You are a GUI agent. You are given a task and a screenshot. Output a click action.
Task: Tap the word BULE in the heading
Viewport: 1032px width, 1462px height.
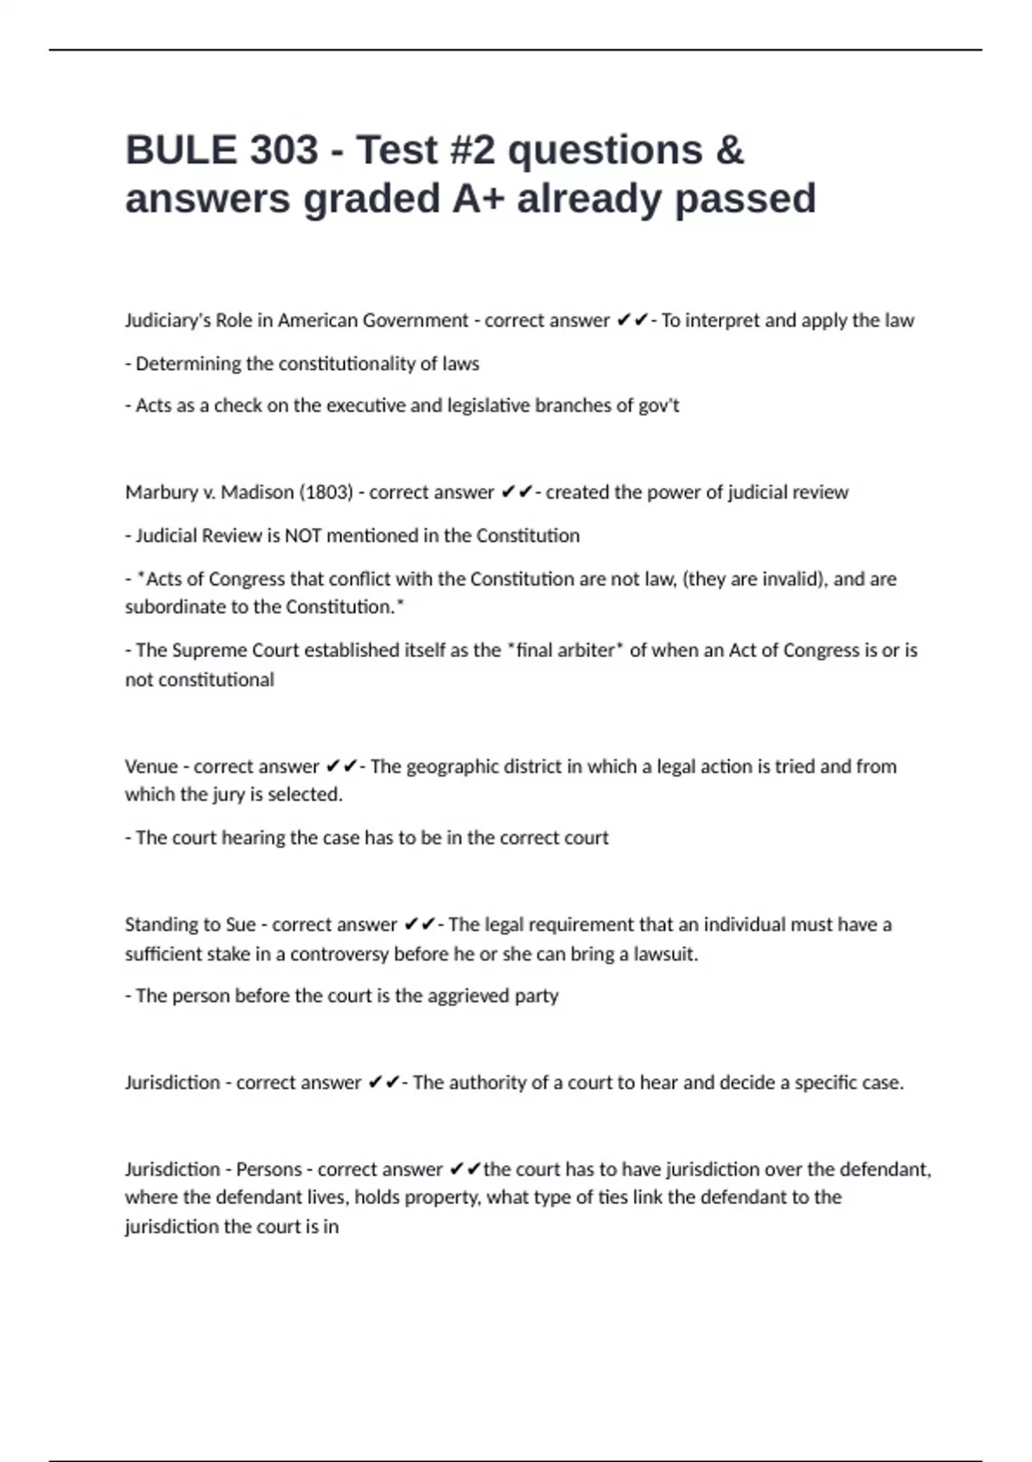coord(180,150)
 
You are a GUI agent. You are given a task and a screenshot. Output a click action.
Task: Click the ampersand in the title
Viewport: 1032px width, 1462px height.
coord(728,150)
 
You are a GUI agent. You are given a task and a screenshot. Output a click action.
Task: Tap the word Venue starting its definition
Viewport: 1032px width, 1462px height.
coord(150,766)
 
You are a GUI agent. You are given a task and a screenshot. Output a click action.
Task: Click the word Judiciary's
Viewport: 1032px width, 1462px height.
coord(167,321)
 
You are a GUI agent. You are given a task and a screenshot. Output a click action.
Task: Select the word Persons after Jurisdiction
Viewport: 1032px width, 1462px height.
coord(269,1170)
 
